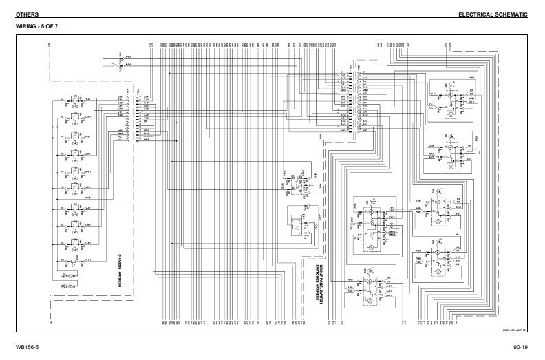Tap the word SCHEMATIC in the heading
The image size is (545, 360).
pos(515,14)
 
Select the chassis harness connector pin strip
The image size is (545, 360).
pos(140,118)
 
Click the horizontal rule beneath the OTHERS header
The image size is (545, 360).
pos(272,20)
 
